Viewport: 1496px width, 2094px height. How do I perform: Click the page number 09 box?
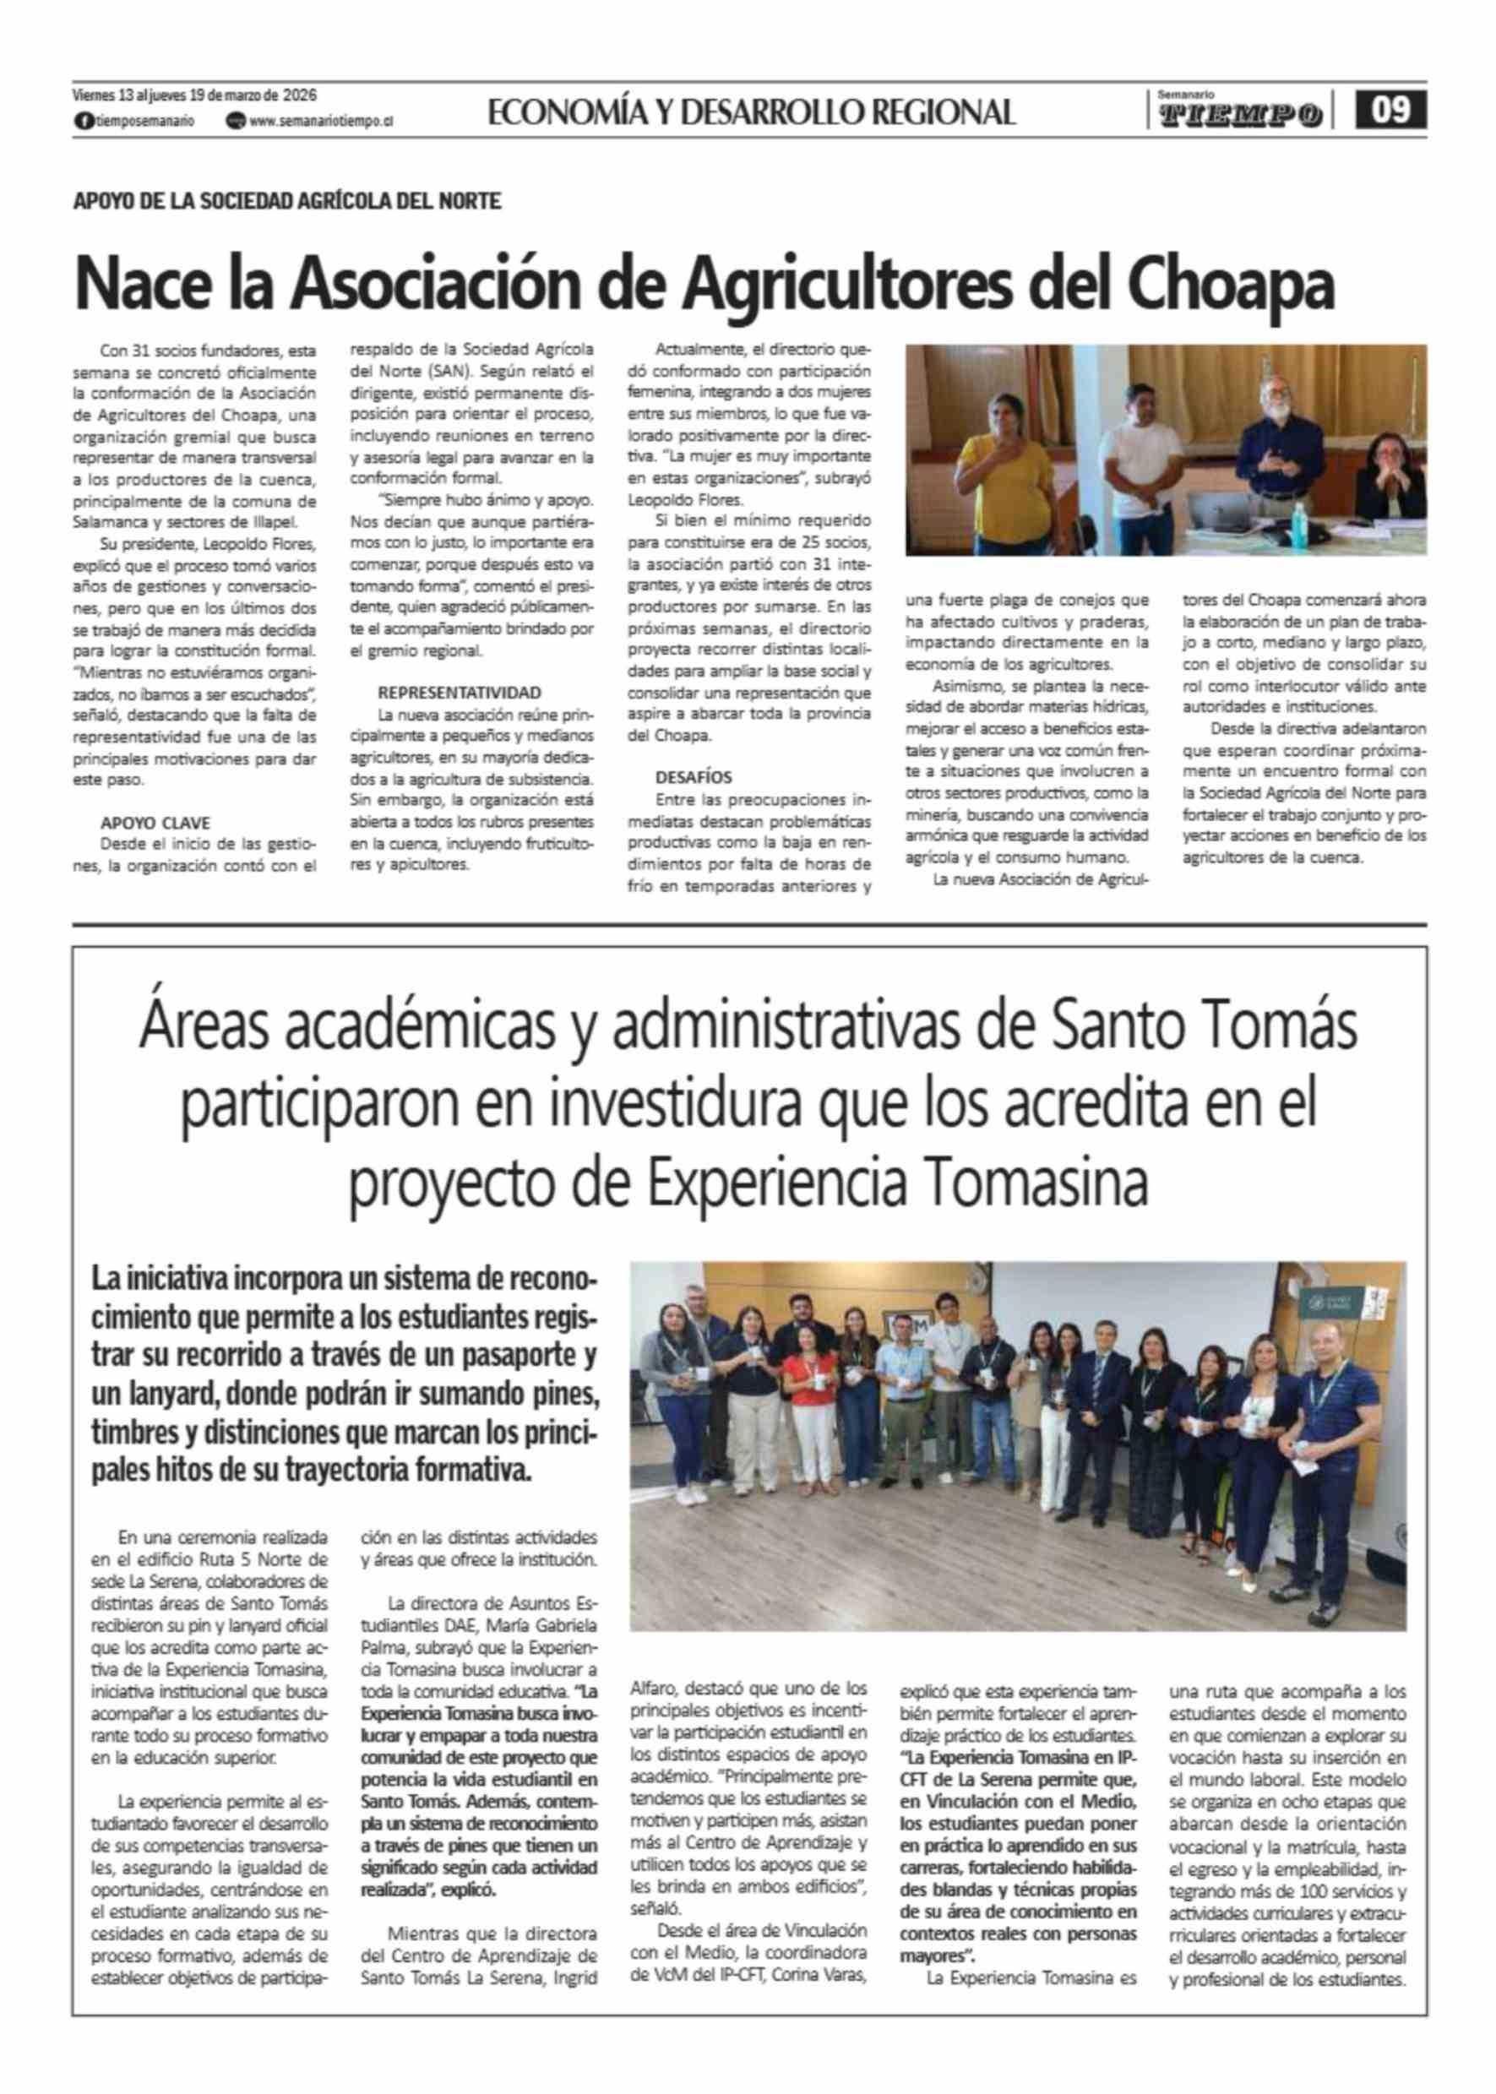1392,111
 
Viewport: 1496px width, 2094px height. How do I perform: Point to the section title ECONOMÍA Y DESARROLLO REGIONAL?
752,112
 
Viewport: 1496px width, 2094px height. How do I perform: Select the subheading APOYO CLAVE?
155,823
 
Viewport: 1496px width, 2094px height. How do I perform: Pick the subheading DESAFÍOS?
694,777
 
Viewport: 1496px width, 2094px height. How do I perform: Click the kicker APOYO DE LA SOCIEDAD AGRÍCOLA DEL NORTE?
287,201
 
